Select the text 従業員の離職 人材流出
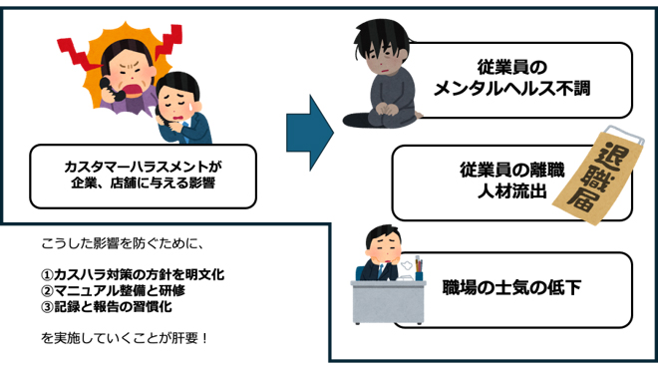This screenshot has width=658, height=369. (504, 180)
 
